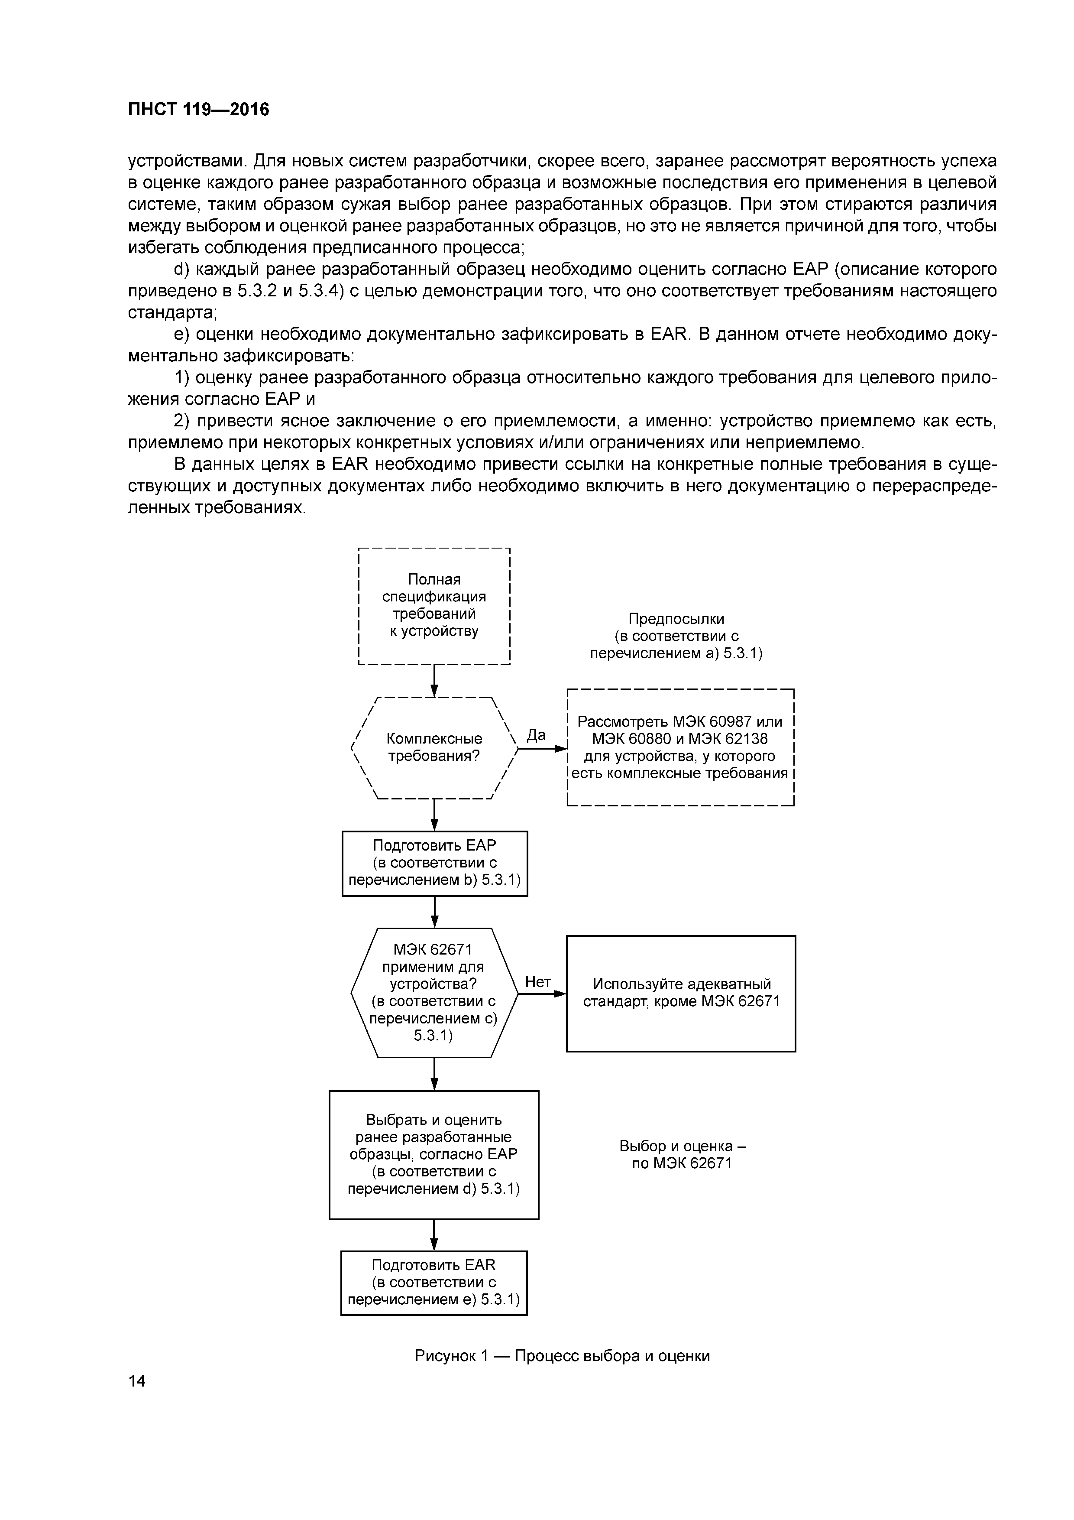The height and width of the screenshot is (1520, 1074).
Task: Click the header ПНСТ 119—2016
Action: pos(198,109)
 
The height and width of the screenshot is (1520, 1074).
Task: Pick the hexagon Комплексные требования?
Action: pos(434,748)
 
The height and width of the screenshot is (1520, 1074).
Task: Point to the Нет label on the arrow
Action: pos(537,982)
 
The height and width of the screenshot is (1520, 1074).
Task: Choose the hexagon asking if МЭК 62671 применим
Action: pos(433,993)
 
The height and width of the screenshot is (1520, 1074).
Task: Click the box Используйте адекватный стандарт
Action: pos(681,993)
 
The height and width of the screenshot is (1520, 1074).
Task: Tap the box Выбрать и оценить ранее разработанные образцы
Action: pos(433,1155)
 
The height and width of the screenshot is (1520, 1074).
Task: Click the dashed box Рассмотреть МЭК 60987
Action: pos(680,747)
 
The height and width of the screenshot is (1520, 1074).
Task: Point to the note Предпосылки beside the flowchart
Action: pos(676,636)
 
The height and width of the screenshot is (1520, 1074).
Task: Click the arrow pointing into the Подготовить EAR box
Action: pos(434,1235)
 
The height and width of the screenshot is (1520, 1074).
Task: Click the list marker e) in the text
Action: pos(182,335)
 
